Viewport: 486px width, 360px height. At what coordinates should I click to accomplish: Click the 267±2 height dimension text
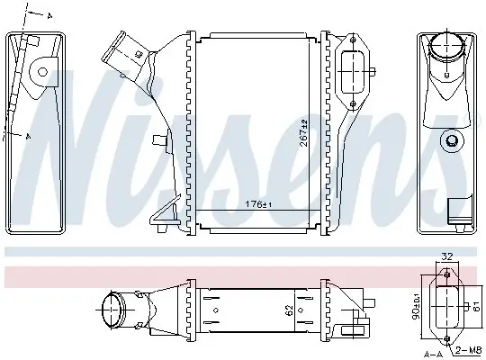(x=304, y=133)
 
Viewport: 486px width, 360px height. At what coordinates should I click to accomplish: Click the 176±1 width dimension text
(x=258, y=204)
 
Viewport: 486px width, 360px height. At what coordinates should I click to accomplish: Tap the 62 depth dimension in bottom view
(x=289, y=310)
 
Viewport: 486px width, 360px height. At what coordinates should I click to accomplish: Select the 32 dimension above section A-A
(x=447, y=256)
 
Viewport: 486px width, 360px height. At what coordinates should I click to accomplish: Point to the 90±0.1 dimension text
(x=418, y=307)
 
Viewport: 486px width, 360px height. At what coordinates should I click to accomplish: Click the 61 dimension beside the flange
(x=476, y=307)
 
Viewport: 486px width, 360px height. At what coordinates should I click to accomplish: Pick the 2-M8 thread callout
(x=468, y=351)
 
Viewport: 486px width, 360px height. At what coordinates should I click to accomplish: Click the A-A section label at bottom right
(x=433, y=354)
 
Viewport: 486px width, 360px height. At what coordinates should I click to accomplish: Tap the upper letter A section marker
(x=49, y=16)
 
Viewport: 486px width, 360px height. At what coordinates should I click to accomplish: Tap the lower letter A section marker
(x=28, y=136)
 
